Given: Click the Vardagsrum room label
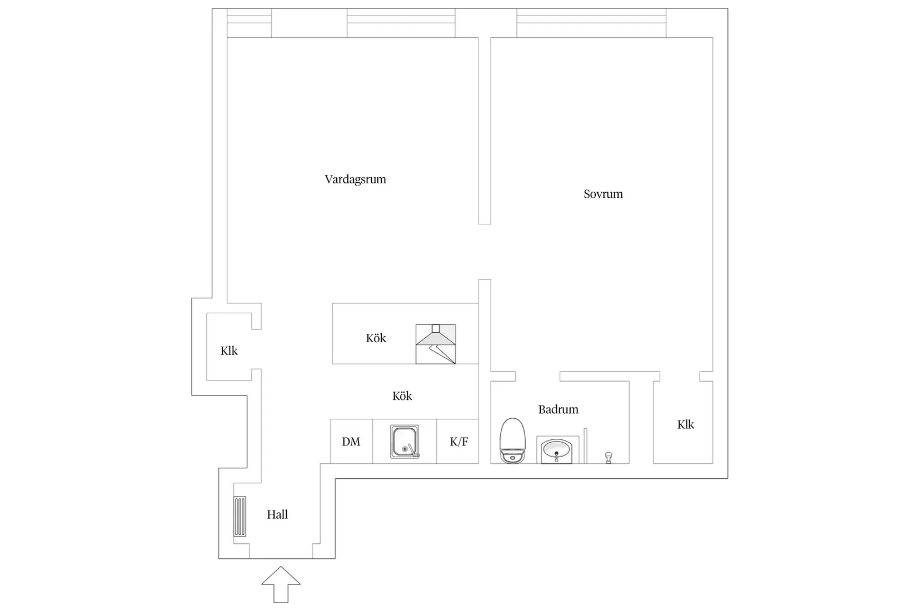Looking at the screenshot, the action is click(x=355, y=179).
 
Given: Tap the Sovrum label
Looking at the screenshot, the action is click(x=603, y=194).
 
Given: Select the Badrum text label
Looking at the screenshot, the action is click(x=559, y=410).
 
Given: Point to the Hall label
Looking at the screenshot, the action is click(x=277, y=514).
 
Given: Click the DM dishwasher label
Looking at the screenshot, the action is click(x=351, y=442).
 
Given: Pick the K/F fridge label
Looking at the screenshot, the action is click(x=459, y=442).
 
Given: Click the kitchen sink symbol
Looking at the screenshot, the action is click(x=405, y=442).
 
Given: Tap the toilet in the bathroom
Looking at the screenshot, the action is click(x=512, y=440).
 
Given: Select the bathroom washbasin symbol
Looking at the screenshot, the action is click(x=556, y=451).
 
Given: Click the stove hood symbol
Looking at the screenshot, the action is click(x=436, y=344).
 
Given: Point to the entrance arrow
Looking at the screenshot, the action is click(x=281, y=584).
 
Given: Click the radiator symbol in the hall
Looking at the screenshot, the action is click(x=240, y=517).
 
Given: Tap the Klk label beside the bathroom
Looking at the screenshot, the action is click(x=686, y=425).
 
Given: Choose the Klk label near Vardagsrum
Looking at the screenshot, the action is click(x=229, y=351).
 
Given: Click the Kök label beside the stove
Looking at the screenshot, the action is click(x=376, y=338).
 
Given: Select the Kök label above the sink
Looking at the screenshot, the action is click(x=402, y=396).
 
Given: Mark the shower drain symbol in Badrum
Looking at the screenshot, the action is click(x=609, y=458).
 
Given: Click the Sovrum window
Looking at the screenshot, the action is click(x=591, y=23).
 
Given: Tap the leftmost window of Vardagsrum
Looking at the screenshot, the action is click(x=250, y=23).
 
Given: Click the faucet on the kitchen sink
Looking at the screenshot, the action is click(x=412, y=450).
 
